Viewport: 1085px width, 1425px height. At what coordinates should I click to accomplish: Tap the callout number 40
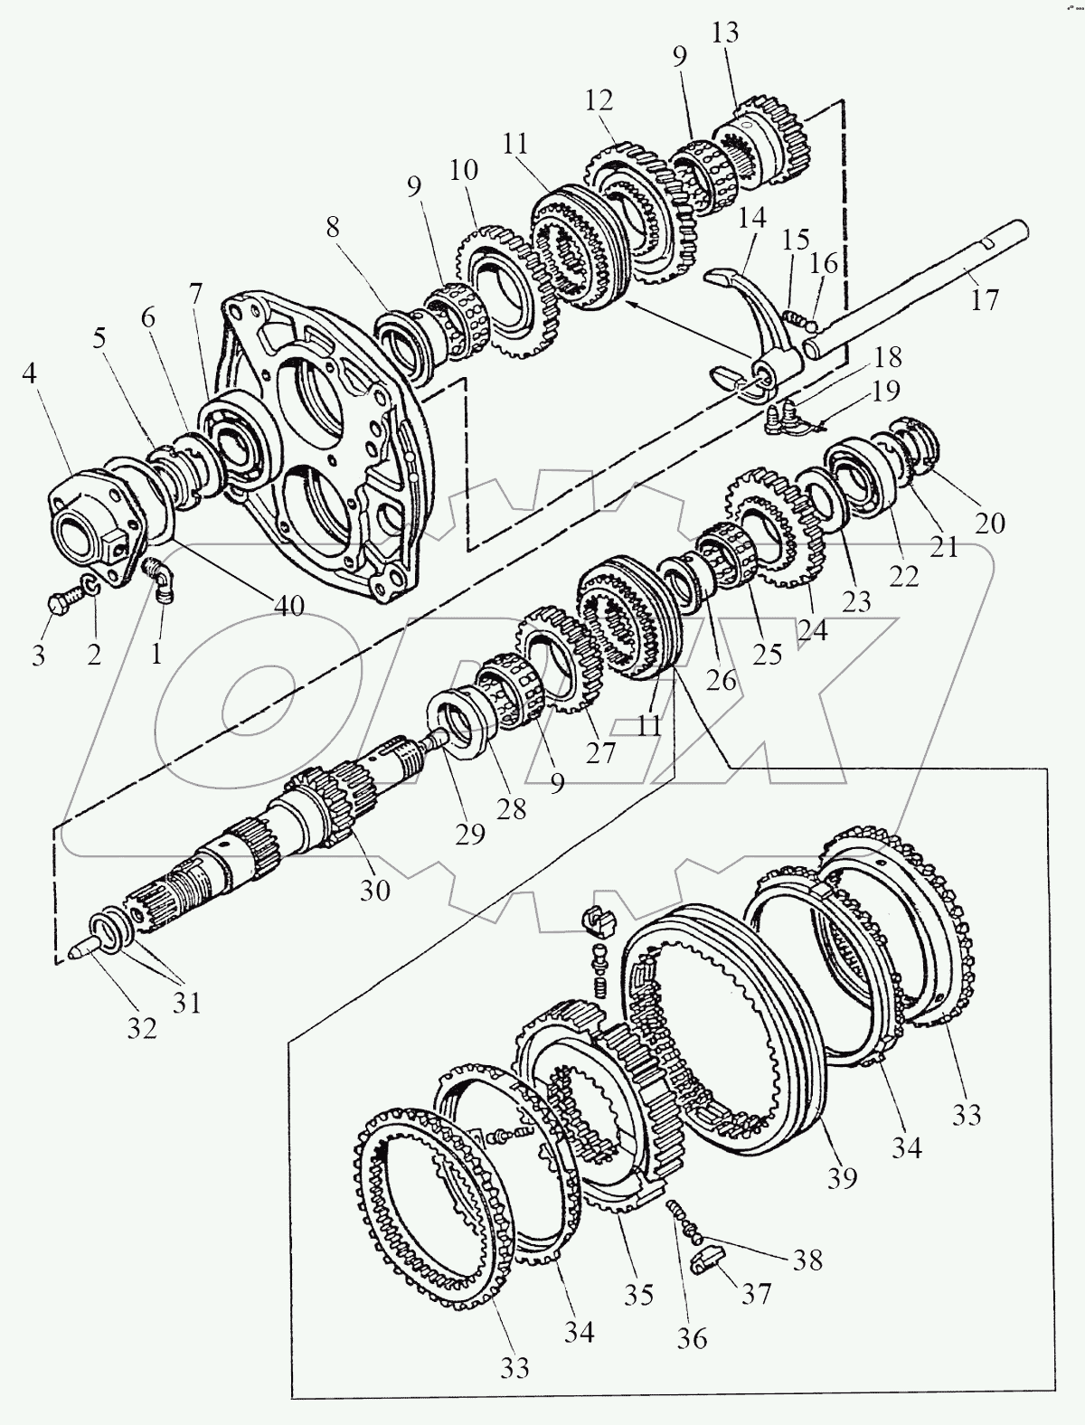click(288, 605)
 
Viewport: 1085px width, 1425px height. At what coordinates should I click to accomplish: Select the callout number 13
click(725, 32)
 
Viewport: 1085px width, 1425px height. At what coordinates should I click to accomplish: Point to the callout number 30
click(375, 890)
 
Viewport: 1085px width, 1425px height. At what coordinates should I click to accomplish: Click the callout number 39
click(843, 1178)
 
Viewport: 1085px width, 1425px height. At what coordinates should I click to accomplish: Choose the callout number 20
click(989, 523)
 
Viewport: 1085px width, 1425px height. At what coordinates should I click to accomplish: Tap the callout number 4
click(29, 374)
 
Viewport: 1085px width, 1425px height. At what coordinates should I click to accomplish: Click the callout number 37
click(755, 1294)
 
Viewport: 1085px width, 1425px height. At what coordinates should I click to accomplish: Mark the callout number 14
click(750, 219)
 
